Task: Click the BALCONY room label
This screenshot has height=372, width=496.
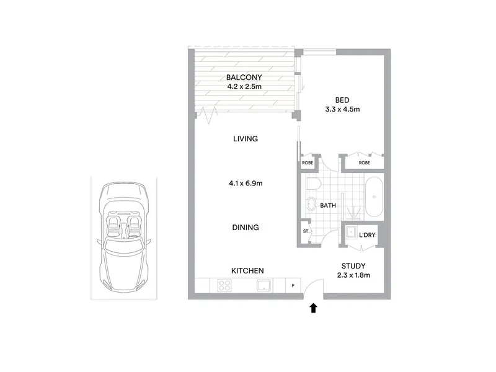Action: click(244, 77)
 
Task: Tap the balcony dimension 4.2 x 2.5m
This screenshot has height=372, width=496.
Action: click(244, 86)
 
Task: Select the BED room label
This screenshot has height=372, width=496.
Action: click(342, 100)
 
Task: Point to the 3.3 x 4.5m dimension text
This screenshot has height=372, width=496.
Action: click(342, 110)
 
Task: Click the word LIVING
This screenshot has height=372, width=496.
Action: click(246, 138)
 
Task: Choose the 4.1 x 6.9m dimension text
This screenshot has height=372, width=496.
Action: click(246, 183)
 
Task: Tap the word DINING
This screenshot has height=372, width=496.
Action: click(246, 228)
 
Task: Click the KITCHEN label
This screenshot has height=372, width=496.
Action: click(247, 271)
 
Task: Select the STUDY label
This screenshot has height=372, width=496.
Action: click(353, 266)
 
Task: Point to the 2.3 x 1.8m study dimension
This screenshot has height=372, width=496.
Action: click(353, 275)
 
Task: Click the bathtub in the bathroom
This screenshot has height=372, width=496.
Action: click(374, 197)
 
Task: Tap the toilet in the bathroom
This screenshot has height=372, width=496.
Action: click(314, 183)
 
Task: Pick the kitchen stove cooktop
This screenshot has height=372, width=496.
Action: click(224, 285)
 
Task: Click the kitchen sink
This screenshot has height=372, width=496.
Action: click(264, 285)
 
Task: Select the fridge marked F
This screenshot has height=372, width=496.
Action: click(293, 286)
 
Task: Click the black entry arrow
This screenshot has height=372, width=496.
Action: click(313, 308)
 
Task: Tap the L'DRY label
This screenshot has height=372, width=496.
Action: click(367, 235)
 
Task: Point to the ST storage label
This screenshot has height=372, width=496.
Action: click(306, 231)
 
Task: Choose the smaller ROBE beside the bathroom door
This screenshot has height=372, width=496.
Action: click(308, 162)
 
